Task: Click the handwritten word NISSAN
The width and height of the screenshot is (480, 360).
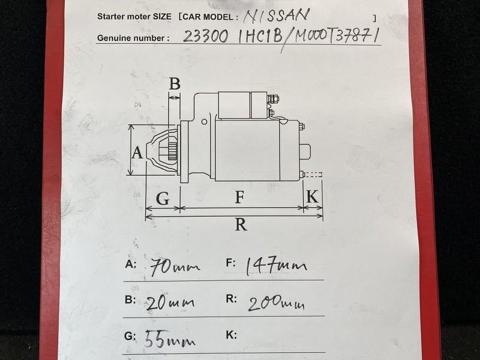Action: click(x=277, y=16)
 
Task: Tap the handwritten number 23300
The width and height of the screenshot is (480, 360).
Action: click(x=205, y=37)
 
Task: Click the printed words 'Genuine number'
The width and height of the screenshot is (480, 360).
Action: click(x=131, y=38)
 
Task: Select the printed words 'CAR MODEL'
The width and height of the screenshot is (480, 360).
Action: click(x=208, y=17)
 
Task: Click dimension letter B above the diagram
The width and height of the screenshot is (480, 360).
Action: click(x=175, y=83)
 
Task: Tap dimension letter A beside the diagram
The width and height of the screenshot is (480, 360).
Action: click(x=137, y=152)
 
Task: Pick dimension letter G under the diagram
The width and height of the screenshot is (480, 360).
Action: click(x=163, y=199)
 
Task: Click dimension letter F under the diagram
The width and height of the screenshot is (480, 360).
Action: click(x=239, y=197)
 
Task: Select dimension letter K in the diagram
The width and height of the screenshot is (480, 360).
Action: click(x=312, y=197)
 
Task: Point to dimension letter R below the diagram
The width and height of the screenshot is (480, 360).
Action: click(x=241, y=224)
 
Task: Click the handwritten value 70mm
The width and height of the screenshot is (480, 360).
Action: click(x=175, y=267)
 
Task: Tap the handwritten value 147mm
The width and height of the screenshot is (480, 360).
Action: click(x=276, y=265)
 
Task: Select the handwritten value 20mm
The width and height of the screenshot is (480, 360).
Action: click(x=170, y=303)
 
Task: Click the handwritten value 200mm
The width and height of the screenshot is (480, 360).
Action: click(x=276, y=304)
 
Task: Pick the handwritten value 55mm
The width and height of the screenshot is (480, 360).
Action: click(x=170, y=339)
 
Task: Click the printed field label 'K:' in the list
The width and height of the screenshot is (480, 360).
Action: click(x=231, y=335)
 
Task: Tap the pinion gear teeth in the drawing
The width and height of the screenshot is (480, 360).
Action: click(x=173, y=152)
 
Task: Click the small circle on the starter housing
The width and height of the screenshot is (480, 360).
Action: click(x=204, y=122)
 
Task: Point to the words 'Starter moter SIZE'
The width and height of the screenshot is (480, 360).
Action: click(x=134, y=17)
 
